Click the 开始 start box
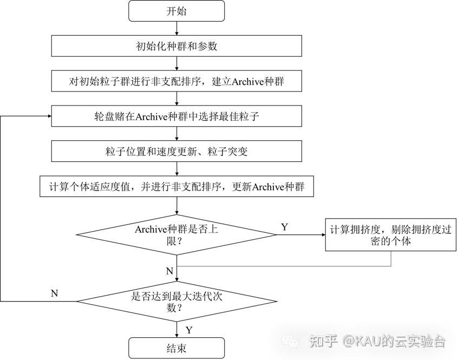click(176, 11)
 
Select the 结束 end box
click(176, 348)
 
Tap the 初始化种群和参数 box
click(176, 45)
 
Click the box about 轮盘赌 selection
click(176, 116)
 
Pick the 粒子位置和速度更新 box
click(176, 151)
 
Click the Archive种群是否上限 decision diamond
click(176, 234)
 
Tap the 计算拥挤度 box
click(391, 234)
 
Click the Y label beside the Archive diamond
click(285, 227)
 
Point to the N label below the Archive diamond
click(169, 270)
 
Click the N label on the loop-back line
click(54, 293)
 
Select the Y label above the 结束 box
click(189, 330)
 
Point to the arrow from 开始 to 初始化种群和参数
click(176, 29)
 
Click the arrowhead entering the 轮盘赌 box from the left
click(48, 116)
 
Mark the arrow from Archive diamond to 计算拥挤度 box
click(300, 234)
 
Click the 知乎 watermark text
click(324, 341)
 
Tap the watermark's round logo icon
click(292, 341)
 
